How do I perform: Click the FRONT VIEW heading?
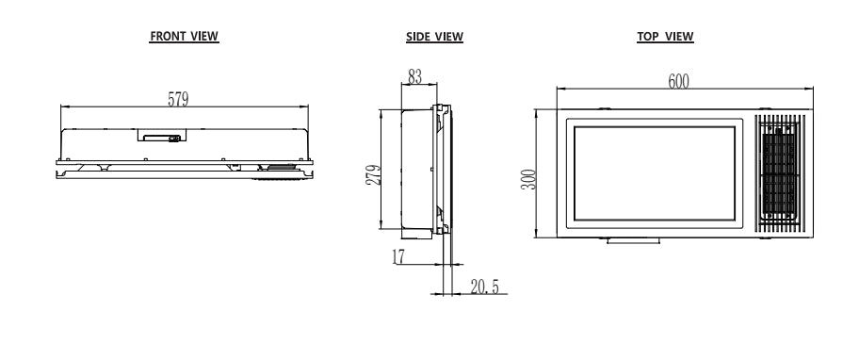(184, 36)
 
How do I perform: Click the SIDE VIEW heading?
(434, 37)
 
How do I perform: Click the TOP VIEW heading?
(665, 37)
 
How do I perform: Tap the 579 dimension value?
(179, 99)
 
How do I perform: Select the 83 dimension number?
(415, 77)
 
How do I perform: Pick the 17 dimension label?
(398, 256)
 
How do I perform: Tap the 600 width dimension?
(678, 81)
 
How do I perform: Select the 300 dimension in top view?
(529, 179)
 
